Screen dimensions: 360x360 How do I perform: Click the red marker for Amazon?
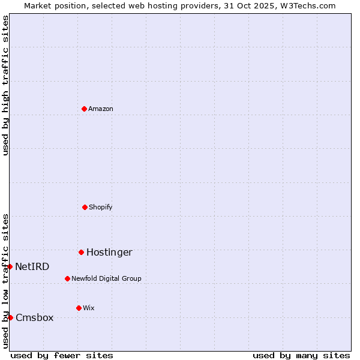[84, 109]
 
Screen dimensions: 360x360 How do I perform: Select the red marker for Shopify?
[85, 207]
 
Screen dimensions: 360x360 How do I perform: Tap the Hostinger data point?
[81, 252]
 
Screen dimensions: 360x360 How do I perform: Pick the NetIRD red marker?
[10, 266]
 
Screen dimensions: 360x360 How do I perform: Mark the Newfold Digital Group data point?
[67, 278]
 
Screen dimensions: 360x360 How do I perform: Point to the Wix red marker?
[79, 308]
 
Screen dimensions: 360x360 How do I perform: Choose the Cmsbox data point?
[10, 317]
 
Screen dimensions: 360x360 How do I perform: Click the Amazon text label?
[101, 109]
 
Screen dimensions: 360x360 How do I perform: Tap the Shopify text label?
[101, 207]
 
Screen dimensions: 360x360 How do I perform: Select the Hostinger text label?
[109, 252]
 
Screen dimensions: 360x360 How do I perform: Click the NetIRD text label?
[32, 266]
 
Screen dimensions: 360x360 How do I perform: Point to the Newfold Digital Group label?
[106, 278]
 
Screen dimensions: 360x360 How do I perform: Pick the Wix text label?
[89, 308]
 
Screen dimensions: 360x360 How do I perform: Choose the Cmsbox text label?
[35, 317]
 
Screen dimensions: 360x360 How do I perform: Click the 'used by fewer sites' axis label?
[62, 355]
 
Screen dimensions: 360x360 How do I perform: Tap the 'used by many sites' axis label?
[301, 355]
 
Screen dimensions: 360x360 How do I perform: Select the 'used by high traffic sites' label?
[5, 85]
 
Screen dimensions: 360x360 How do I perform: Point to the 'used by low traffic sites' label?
[5, 281]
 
